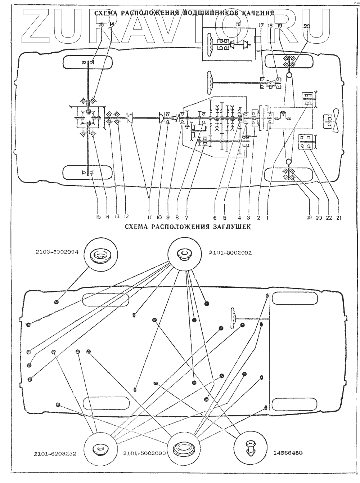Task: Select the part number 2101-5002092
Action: tap(230, 253)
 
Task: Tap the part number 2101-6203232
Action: tap(56, 453)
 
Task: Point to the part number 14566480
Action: tap(285, 453)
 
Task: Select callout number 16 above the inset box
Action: tap(238, 24)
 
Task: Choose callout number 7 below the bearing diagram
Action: tap(187, 218)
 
